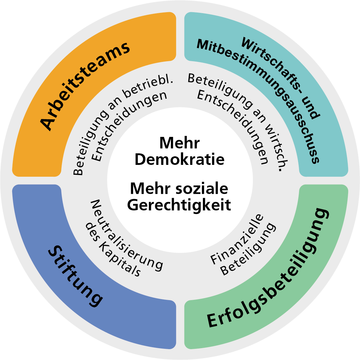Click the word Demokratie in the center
(x=180, y=160)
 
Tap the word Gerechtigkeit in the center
(x=179, y=205)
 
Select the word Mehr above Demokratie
(x=180, y=143)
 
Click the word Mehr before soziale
(x=150, y=189)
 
